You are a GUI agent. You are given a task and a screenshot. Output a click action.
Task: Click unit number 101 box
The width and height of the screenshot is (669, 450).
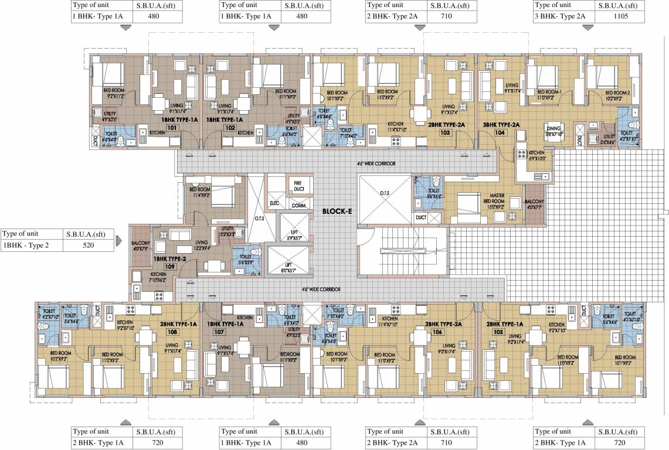click(x=172, y=127)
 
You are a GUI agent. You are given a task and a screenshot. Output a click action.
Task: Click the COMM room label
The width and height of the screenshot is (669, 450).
click(x=298, y=206)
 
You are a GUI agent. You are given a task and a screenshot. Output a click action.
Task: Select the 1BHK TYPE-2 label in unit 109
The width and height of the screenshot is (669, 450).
click(x=169, y=258)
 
